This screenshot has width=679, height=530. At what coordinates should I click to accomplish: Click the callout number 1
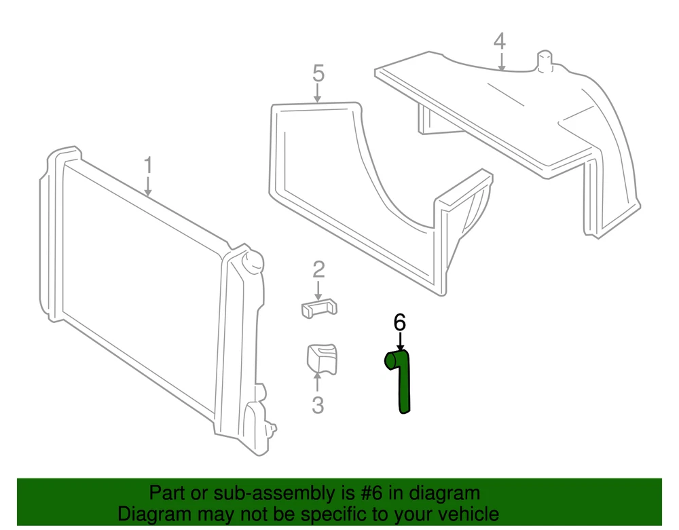148,166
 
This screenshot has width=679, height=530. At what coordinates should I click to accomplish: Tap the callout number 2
318,269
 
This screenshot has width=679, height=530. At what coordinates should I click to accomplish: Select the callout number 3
318,405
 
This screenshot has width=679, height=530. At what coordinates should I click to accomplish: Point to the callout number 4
500,41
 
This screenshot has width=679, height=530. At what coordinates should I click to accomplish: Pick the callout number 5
318,73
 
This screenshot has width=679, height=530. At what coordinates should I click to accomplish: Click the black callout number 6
400,322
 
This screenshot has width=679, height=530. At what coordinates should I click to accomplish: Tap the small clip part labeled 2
319,308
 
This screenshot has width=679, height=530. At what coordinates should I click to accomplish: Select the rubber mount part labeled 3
322,359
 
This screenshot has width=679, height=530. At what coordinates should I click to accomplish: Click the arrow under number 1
148,186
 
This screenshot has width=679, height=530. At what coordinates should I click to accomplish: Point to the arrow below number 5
317,93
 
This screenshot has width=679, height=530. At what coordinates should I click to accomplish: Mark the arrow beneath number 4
501,61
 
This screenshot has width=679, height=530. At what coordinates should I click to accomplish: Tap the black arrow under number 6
400,341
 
